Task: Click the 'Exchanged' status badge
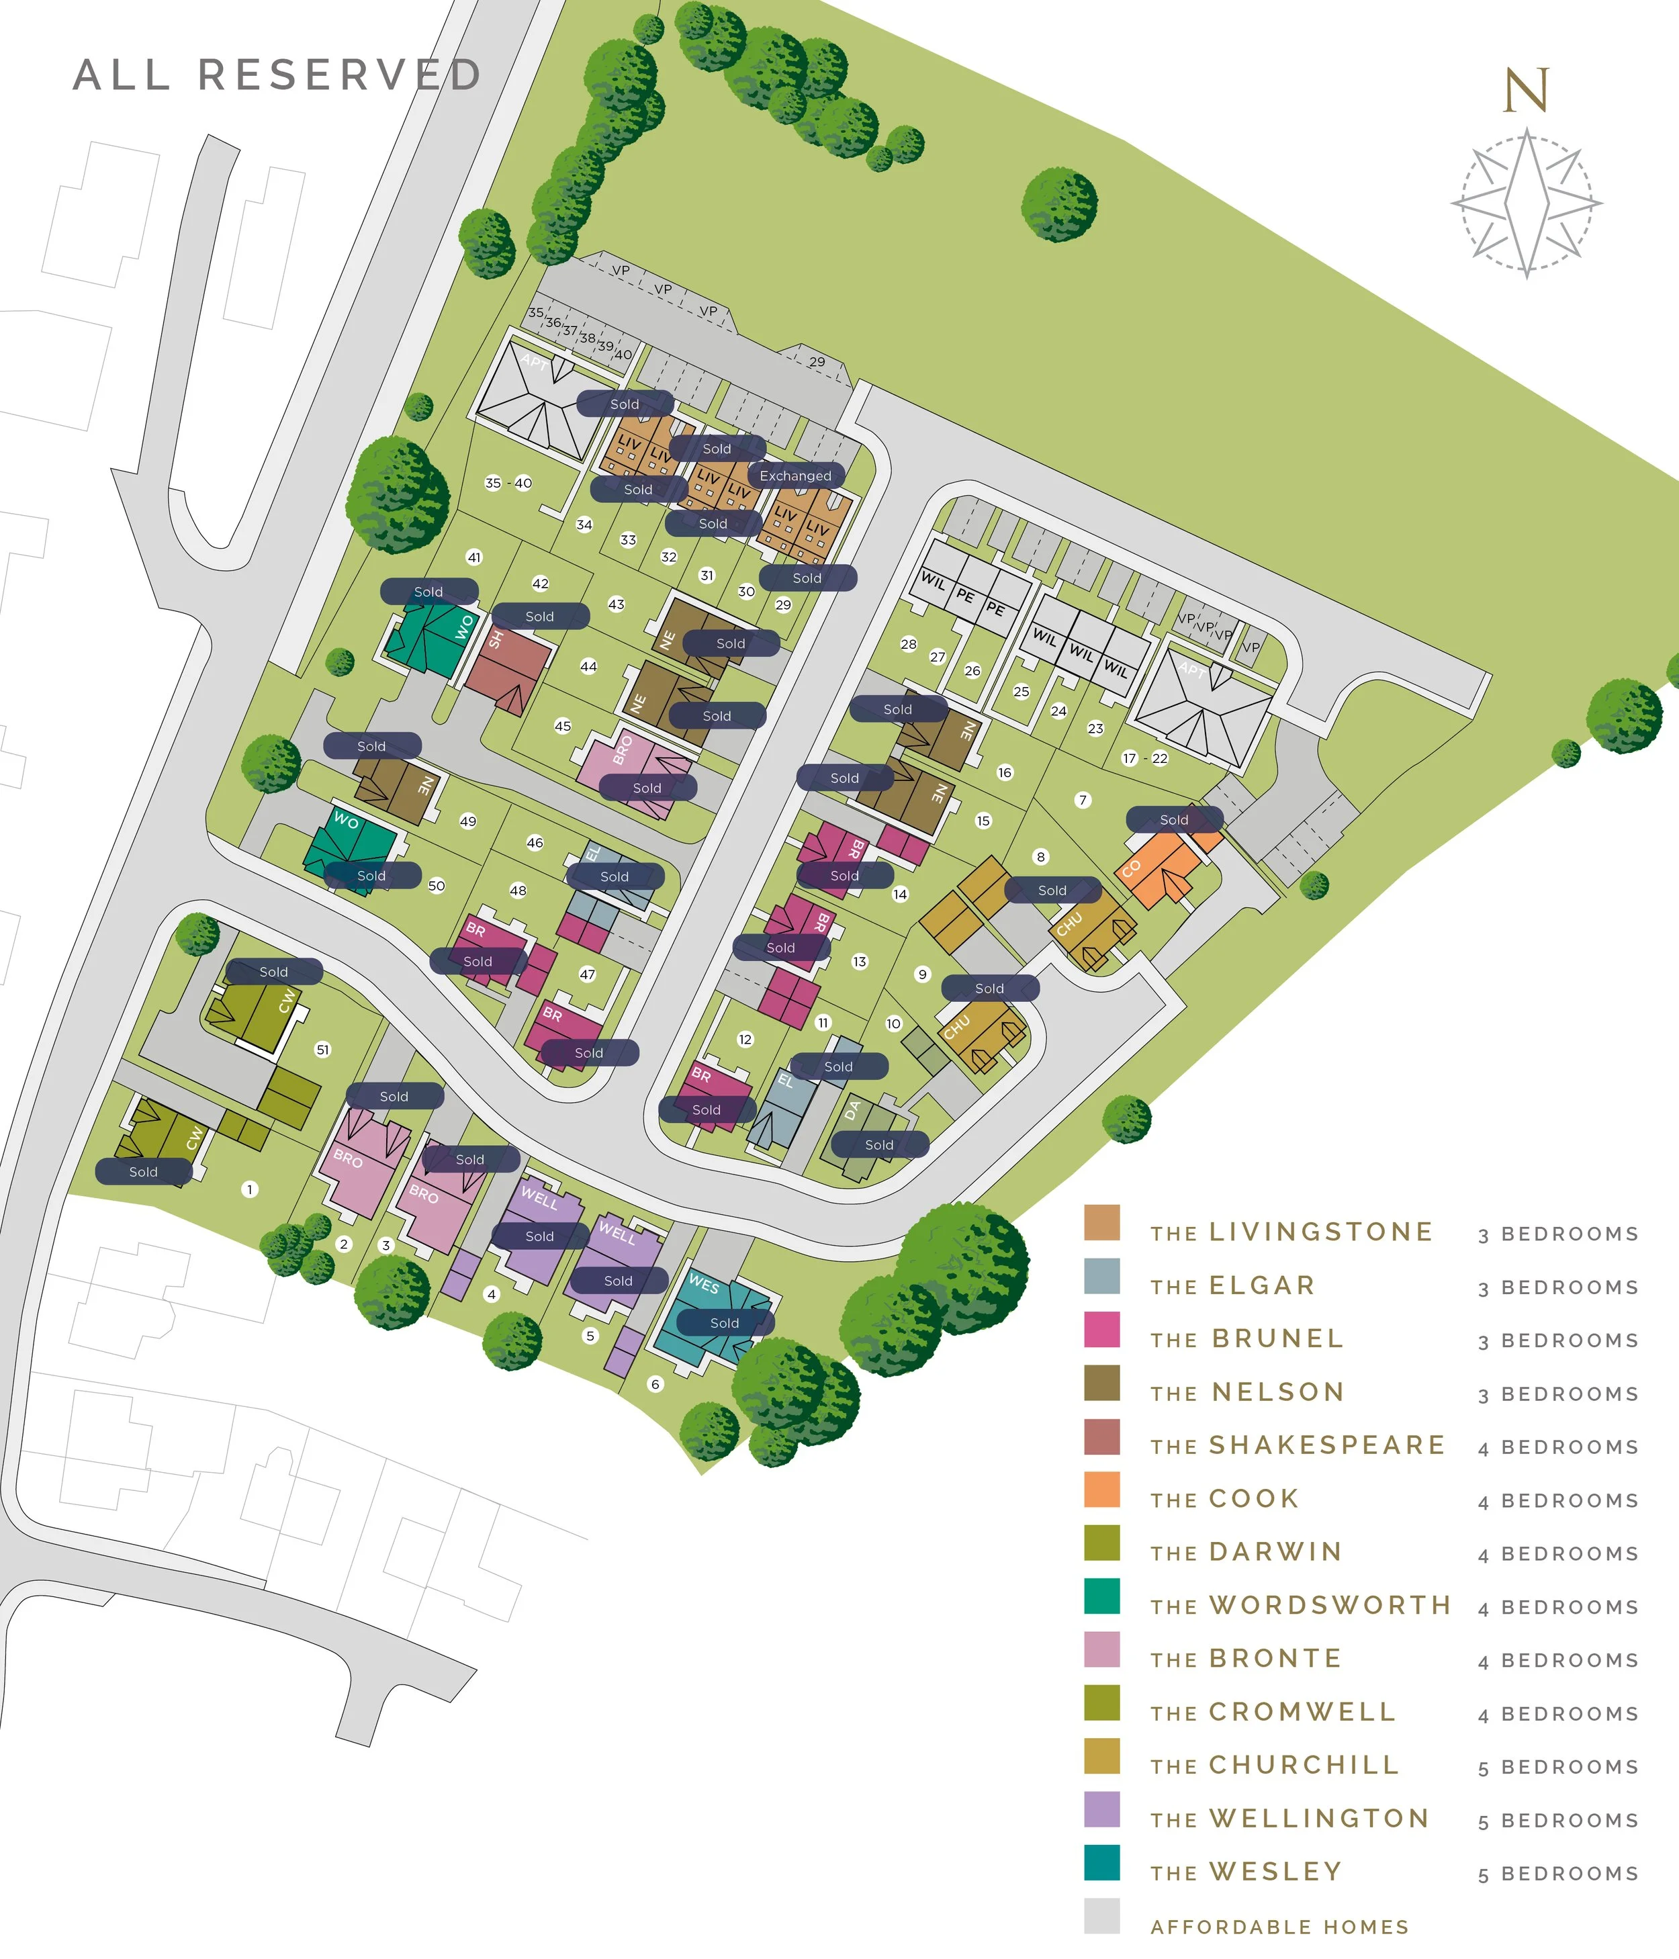click(x=795, y=475)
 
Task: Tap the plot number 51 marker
click(x=322, y=1050)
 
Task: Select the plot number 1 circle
click(x=250, y=1189)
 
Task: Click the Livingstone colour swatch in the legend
click(x=1101, y=1222)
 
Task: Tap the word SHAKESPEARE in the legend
click(x=1327, y=1446)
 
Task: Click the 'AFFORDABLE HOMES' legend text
click(x=1279, y=1927)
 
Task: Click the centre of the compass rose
click(x=1526, y=203)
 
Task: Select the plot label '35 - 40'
click(x=508, y=483)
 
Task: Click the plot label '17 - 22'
click(x=1144, y=758)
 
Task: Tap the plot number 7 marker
click(x=1083, y=800)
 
